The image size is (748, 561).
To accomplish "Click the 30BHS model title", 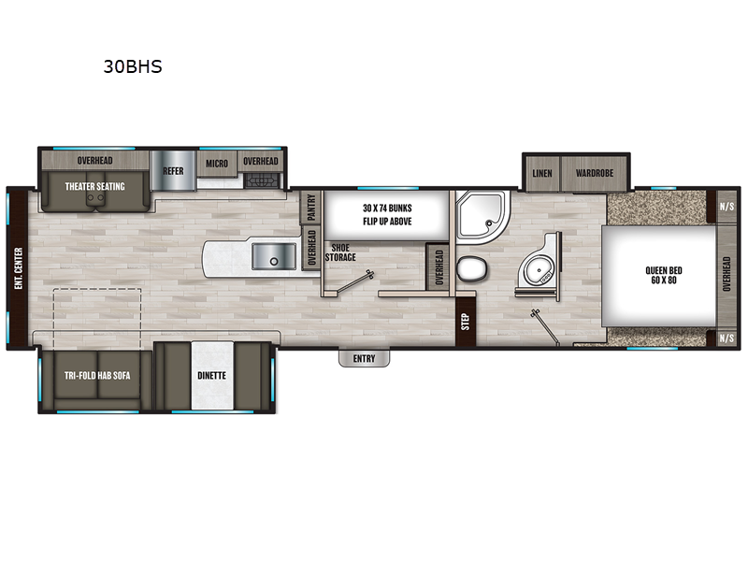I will click(x=133, y=67).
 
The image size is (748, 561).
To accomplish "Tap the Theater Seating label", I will click(x=94, y=186).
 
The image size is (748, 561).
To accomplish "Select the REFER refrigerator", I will click(x=173, y=171).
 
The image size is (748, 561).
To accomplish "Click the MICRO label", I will click(x=217, y=163).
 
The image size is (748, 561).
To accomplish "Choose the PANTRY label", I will click(x=310, y=207).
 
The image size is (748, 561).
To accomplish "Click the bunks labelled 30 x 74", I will click(x=387, y=214).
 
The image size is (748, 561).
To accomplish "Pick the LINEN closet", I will click(x=541, y=173).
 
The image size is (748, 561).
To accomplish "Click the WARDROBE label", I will click(x=594, y=173).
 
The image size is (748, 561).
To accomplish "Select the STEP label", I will click(x=465, y=321).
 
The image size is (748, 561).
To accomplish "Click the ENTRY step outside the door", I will click(x=364, y=358).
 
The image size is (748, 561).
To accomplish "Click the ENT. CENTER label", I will click(x=18, y=269).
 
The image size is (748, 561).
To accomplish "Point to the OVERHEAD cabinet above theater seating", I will click(x=95, y=161).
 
